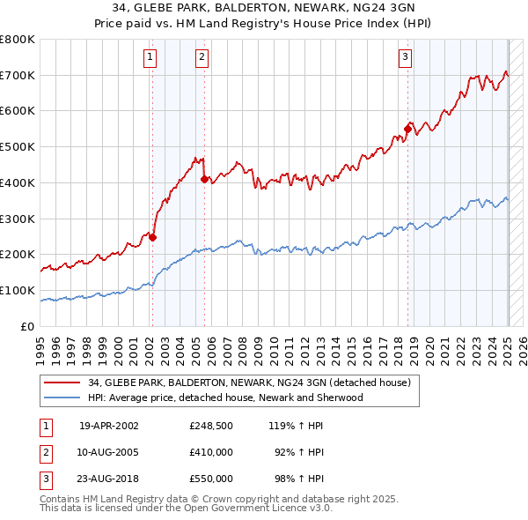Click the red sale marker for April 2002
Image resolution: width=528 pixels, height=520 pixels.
(152, 236)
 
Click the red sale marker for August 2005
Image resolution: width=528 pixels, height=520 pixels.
(204, 179)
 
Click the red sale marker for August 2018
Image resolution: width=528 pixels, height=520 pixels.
(407, 129)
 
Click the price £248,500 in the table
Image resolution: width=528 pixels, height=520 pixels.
(211, 425)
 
